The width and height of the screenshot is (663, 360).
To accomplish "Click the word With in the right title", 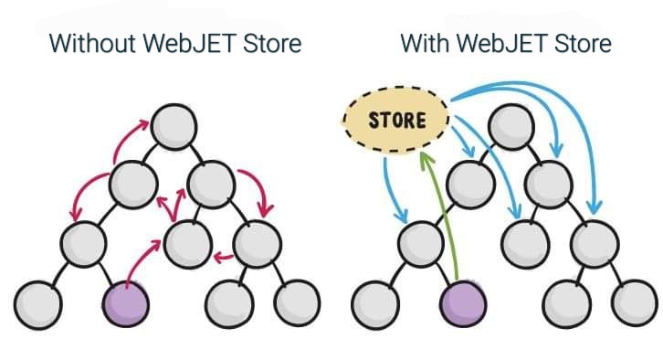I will (x=426, y=43).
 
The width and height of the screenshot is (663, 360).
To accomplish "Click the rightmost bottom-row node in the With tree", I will (x=633, y=302).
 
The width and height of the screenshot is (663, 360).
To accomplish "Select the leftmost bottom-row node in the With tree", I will (x=377, y=302).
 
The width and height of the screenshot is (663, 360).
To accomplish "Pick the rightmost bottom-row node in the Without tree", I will (x=294, y=302).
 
